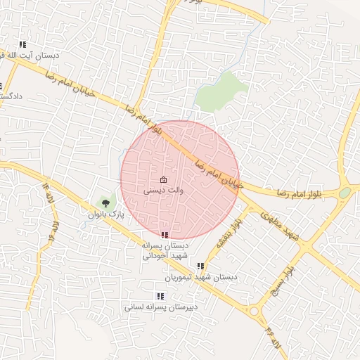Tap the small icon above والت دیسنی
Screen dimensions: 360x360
click(x=164, y=179)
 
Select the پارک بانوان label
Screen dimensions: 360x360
click(x=106, y=213)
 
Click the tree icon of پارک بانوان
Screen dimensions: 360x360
click(x=106, y=203)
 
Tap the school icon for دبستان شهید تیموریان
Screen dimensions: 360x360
click(x=200, y=266)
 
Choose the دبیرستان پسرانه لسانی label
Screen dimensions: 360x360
click(x=162, y=307)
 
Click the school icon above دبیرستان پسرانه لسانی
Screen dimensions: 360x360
click(x=160, y=296)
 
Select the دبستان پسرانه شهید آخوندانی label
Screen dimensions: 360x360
click(x=165, y=251)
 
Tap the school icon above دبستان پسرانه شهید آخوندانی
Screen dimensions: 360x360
click(x=165, y=235)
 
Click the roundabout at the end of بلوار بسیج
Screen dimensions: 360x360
click(x=255, y=309)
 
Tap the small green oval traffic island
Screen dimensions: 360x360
click(x=345, y=192)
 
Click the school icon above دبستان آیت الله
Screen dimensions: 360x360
click(x=23, y=44)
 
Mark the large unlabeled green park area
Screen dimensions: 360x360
click(x=220, y=90)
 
